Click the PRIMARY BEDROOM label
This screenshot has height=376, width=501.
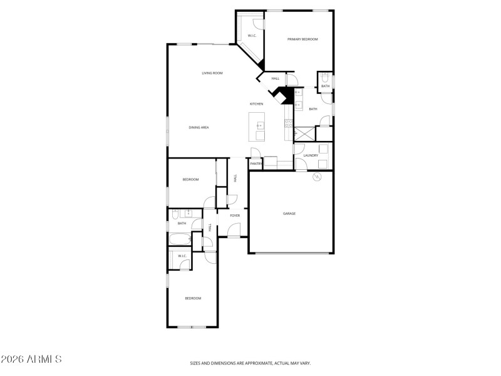(302, 39)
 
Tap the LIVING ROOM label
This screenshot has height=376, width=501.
(212, 73)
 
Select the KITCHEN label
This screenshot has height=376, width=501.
(256, 103)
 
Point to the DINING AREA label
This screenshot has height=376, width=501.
(199, 127)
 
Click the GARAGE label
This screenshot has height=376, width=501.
(289, 214)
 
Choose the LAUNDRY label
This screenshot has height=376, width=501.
(311, 155)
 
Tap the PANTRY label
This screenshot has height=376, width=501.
(256, 164)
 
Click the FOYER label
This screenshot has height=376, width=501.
(235, 216)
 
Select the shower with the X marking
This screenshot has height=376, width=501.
(305, 133)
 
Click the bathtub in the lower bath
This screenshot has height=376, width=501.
(180, 239)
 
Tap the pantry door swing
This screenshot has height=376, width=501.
(255, 153)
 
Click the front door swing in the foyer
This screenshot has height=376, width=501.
(233, 232)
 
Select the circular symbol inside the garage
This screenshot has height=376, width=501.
(317, 177)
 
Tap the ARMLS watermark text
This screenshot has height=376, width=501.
(31, 360)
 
